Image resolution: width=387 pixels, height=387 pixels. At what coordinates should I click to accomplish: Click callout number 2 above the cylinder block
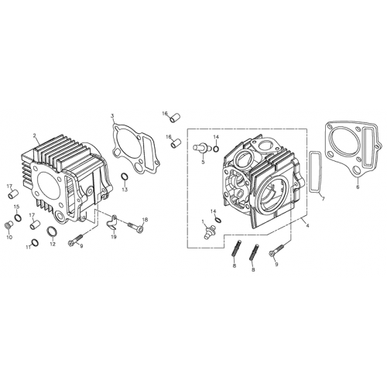[36, 136]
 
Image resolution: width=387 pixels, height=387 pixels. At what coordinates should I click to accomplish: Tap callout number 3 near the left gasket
[112, 115]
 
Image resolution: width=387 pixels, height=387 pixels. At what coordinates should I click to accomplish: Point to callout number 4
[307, 225]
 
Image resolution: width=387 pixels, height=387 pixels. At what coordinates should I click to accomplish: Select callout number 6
[357, 187]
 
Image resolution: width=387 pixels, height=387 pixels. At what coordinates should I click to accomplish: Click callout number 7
[323, 199]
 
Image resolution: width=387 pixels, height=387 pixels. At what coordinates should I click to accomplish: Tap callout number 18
[145, 221]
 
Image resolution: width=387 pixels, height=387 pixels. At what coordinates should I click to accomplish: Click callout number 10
[10, 238]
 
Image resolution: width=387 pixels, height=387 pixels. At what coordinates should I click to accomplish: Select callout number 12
[53, 245]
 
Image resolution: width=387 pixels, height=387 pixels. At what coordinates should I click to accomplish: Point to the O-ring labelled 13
[125, 180]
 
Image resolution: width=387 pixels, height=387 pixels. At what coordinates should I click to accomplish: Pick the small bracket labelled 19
[113, 224]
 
